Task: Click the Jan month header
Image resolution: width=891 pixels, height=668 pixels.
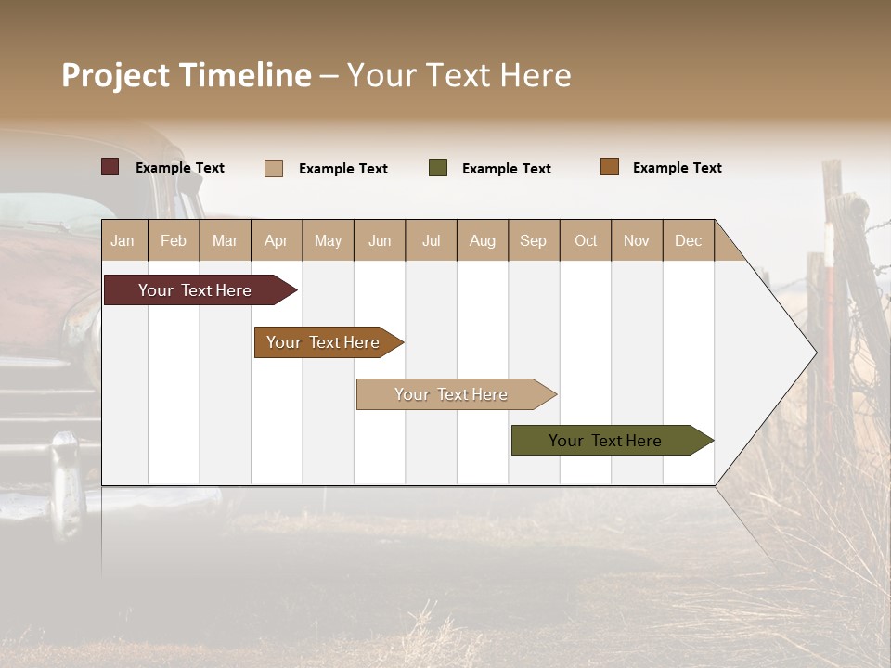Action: point(123,240)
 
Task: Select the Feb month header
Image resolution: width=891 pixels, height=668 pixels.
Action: point(174,240)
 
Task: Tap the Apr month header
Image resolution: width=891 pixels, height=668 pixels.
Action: point(276,240)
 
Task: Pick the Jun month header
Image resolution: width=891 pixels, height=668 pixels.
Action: point(380,240)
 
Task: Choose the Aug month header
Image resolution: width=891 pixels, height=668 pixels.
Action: point(482,240)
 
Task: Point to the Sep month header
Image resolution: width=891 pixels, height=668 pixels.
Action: point(533,240)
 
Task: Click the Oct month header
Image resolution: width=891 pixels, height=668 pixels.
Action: point(586,240)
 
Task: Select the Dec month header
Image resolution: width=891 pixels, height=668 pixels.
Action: point(688,240)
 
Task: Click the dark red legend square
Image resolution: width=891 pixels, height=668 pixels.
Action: point(110,167)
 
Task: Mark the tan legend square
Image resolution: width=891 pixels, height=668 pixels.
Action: point(274,168)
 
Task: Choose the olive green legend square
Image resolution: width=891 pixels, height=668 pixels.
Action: point(438,168)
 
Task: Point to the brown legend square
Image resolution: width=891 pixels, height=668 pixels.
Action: point(610,167)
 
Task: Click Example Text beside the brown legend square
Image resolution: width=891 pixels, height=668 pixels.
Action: point(677,168)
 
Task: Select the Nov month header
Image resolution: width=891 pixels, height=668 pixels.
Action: point(637,240)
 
